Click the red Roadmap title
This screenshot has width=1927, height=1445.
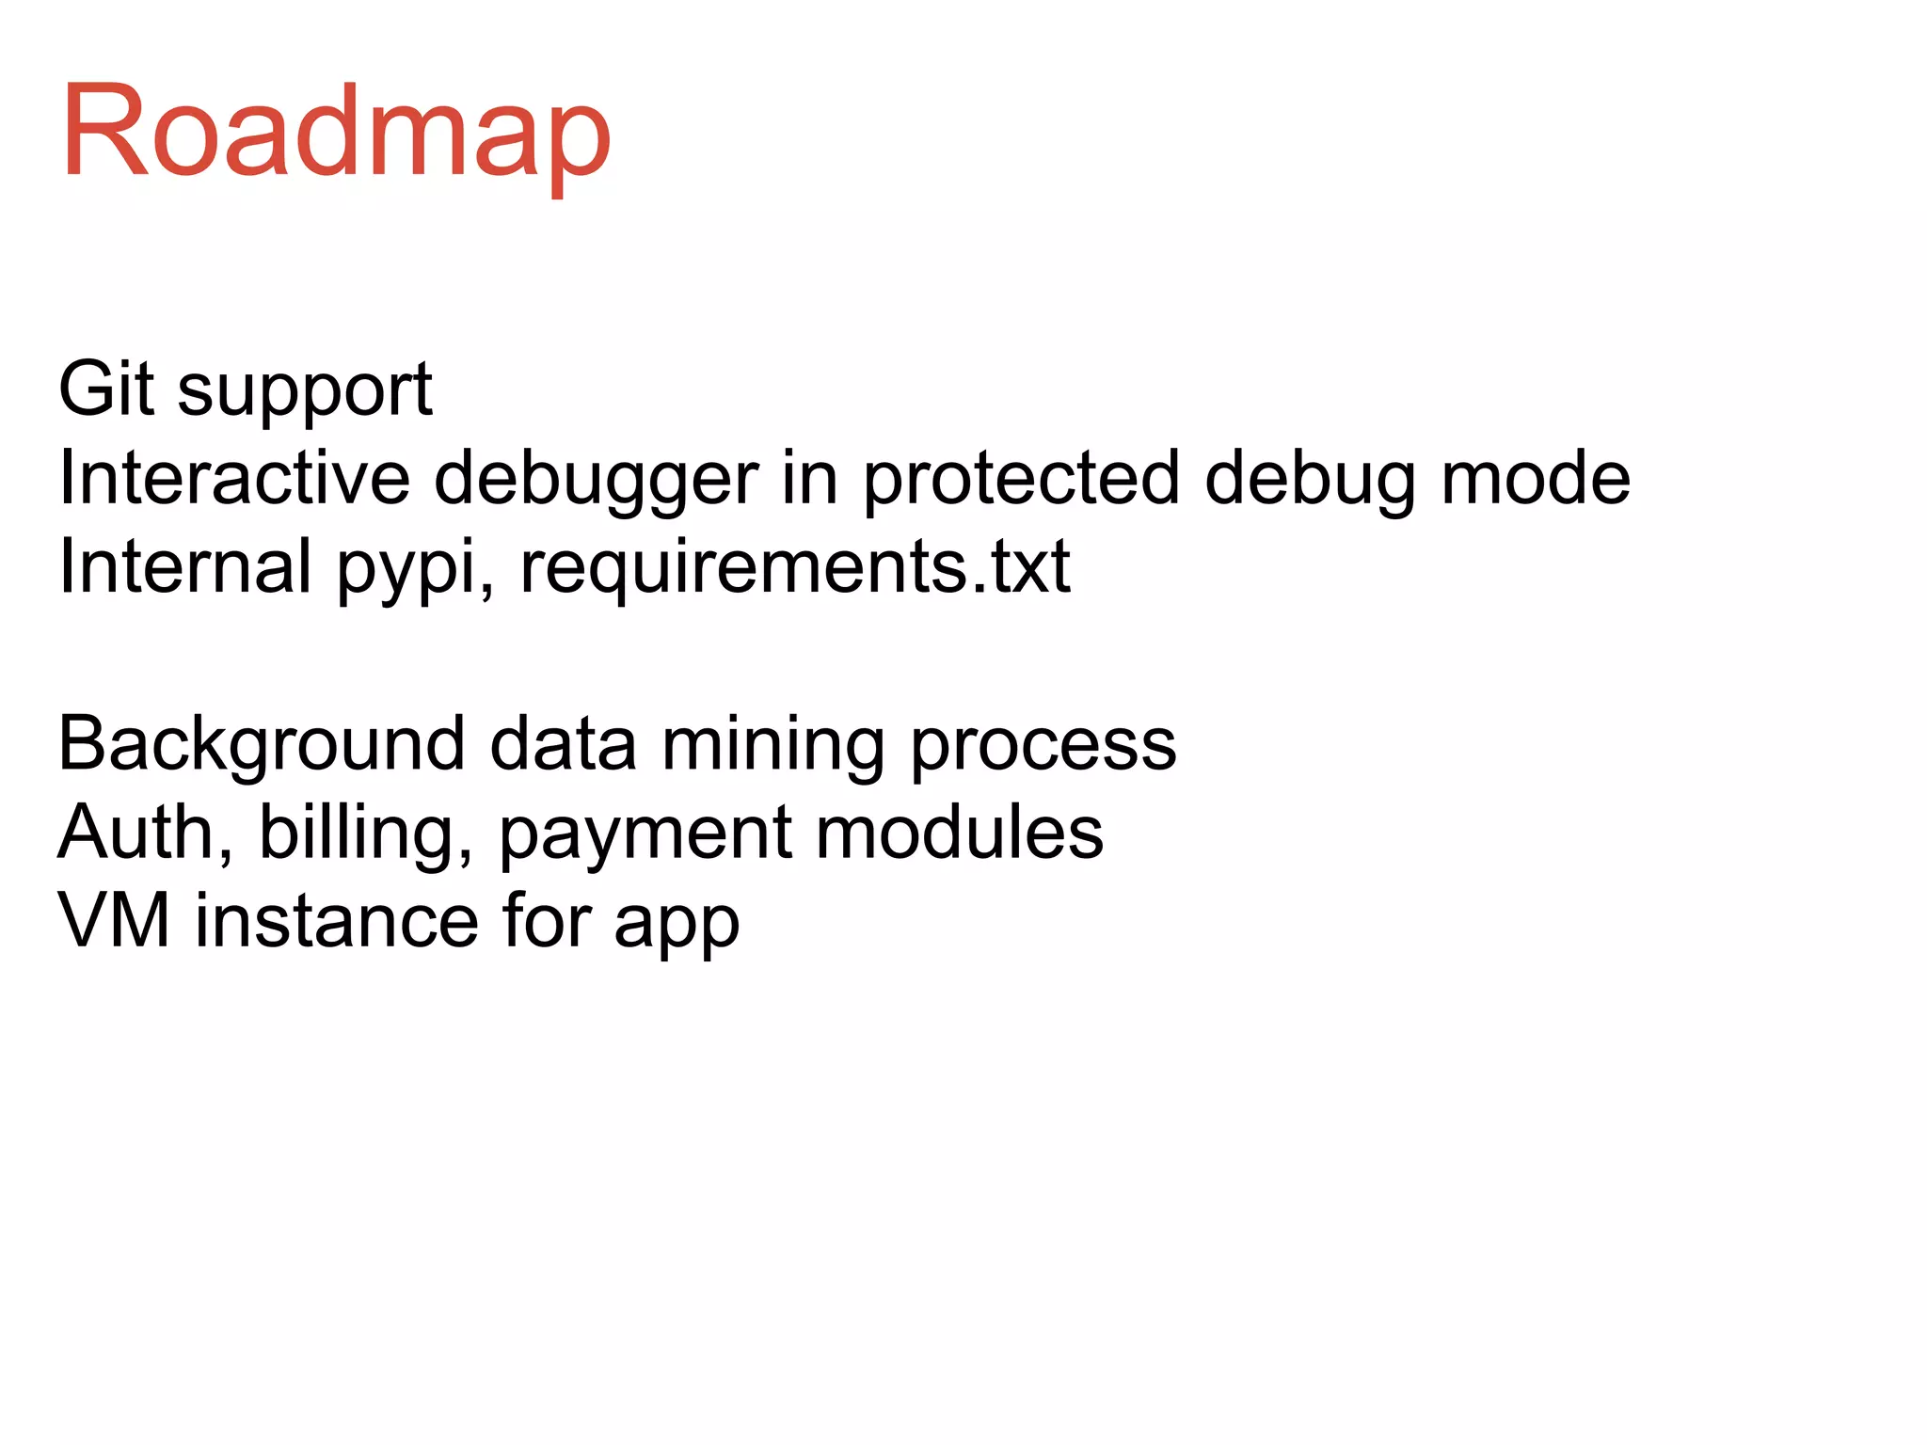click(337, 132)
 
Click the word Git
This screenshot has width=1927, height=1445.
click(105, 389)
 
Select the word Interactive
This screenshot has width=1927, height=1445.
click(234, 478)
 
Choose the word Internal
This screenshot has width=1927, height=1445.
click(184, 566)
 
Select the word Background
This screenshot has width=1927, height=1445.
click(262, 744)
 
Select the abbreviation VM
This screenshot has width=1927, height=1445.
click(114, 920)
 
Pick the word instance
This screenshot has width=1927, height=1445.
click(337, 920)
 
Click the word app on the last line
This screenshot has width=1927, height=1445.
click(677, 925)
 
